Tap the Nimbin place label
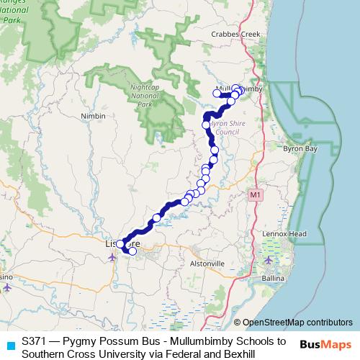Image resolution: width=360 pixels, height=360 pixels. coord(94,116)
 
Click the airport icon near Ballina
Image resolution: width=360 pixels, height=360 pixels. coord(269,260)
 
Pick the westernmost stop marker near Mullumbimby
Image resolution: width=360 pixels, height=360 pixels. coord(217,92)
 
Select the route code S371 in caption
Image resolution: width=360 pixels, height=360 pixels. coord(35,341)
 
